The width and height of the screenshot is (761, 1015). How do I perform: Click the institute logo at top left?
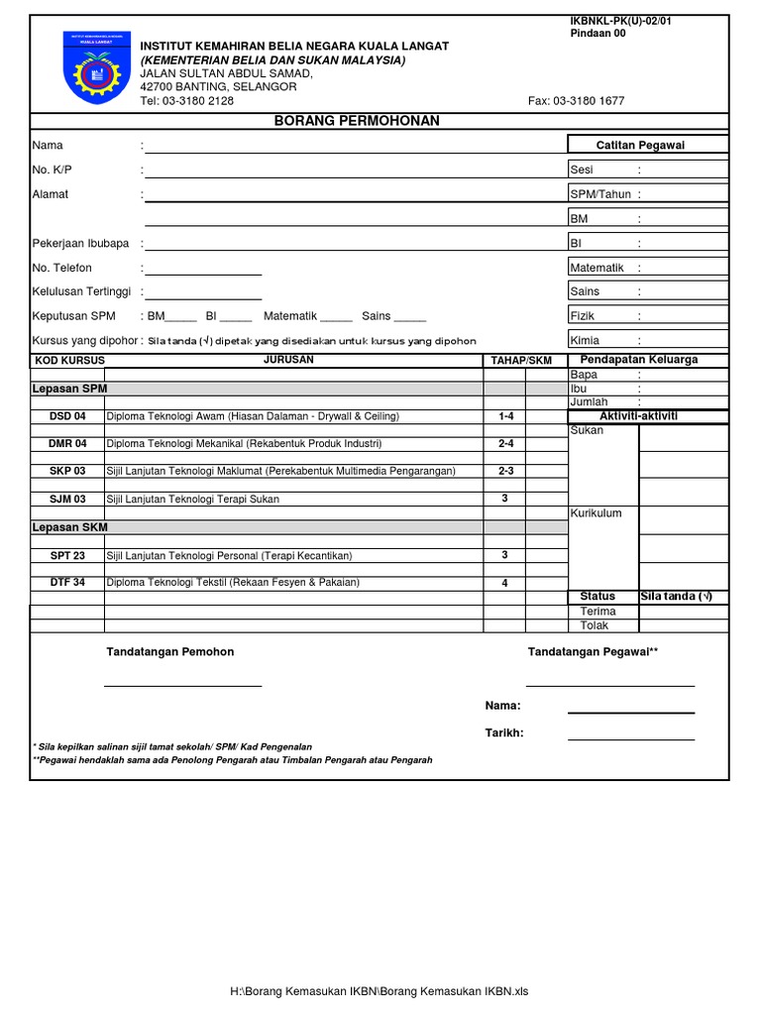[x=95, y=66]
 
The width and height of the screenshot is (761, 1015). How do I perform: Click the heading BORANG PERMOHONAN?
[x=356, y=121]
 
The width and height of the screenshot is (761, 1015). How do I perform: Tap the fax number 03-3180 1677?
[x=577, y=101]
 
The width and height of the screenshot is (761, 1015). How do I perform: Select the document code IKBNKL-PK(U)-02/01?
[x=621, y=21]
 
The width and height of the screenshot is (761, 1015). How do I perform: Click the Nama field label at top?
[x=48, y=146]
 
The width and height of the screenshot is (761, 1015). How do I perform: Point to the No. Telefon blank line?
[x=203, y=273]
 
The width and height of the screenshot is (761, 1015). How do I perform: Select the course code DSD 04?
[x=67, y=416]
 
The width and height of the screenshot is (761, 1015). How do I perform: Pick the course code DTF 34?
[x=67, y=583]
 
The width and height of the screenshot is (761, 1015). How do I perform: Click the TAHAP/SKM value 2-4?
[x=505, y=444]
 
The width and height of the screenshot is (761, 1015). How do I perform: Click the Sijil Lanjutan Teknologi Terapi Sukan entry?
[x=192, y=500]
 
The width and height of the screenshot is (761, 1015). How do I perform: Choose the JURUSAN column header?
[x=288, y=360]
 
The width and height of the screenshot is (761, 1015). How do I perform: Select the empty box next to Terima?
[x=684, y=612]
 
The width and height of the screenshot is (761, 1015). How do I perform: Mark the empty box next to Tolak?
[x=684, y=625]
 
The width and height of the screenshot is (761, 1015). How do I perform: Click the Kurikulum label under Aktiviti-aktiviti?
[x=596, y=512]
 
